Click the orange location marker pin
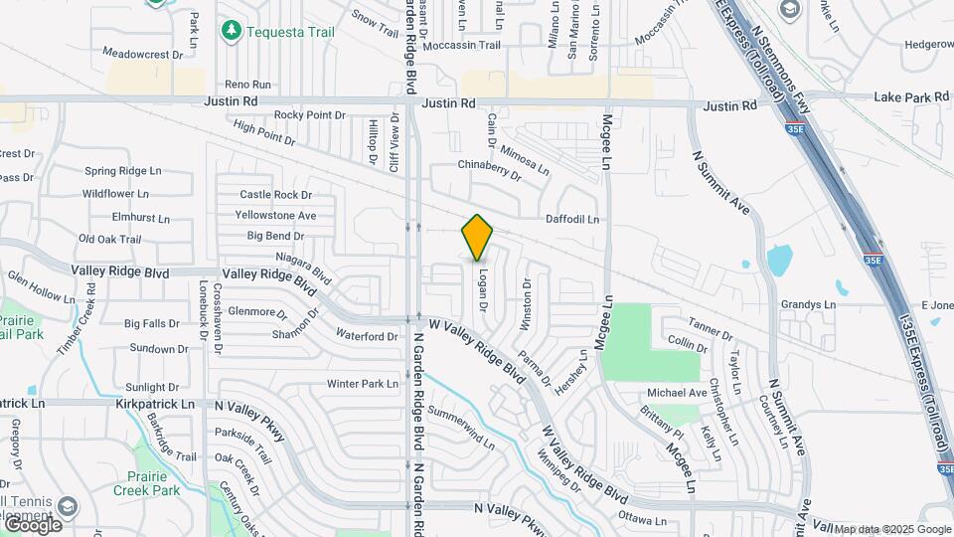(x=477, y=237)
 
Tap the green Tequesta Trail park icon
(x=232, y=31)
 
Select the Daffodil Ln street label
(x=572, y=219)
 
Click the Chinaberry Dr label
(x=489, y=169)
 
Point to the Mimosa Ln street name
(x=525, y=156)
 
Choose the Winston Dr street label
(x=527, y=303)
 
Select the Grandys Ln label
(x=808, y=304)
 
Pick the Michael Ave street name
(x=677, y=393)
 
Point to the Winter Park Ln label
(x=362, y=384)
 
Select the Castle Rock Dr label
(x=275, y=195)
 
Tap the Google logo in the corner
(x=33, y=524)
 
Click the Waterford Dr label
(x=367, y=336)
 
